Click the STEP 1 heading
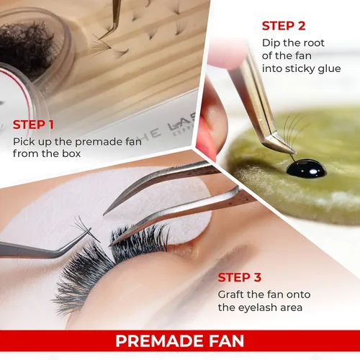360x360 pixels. (x=35, y=125)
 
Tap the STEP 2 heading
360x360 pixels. (x=284, y=26)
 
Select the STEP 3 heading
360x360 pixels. (x=240, y=277)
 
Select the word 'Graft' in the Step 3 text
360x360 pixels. (x=233, y=294)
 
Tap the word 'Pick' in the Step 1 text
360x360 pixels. (x=23, y=140)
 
